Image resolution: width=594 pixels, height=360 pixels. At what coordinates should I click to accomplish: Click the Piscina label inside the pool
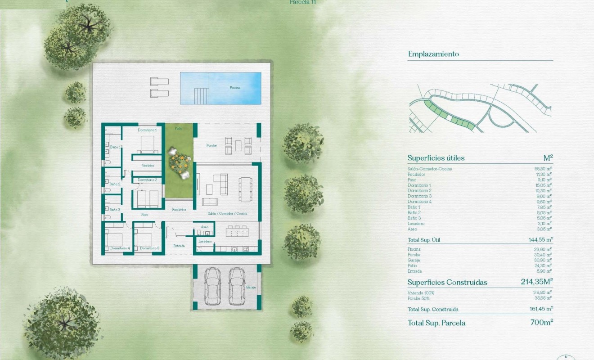tap(235, 88)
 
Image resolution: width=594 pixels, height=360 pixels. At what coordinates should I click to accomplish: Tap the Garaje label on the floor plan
tap(251, 287)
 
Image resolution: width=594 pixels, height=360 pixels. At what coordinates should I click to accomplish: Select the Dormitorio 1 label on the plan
tap(147, 130)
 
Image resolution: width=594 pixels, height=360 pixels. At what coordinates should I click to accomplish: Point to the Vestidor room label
tap(148, 166)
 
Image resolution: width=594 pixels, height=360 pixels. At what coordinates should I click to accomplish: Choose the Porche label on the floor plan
tap(211, 145)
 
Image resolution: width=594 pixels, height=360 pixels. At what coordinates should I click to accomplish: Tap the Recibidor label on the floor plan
tap(179, 209)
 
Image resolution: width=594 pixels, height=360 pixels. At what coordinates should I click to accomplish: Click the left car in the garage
tap(212, 286)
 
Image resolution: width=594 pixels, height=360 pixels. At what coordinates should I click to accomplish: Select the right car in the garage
tap(237, 286)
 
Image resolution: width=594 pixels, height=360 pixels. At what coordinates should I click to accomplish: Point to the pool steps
tap(201, 94)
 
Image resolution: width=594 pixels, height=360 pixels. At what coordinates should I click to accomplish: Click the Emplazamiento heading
tap(433, 54)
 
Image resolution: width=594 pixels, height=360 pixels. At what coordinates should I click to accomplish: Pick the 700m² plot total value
tap(542, 323)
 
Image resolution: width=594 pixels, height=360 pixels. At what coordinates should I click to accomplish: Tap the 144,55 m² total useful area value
tap(540, 240)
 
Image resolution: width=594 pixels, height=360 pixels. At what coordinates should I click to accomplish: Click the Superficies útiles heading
tap(436, 158)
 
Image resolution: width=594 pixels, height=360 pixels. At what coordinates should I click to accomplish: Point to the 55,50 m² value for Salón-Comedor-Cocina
tap(543, 169)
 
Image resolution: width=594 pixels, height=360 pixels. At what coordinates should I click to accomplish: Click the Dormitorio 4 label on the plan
tap(120, 248)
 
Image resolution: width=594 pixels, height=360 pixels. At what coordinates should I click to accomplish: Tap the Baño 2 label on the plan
tap(115, 184)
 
